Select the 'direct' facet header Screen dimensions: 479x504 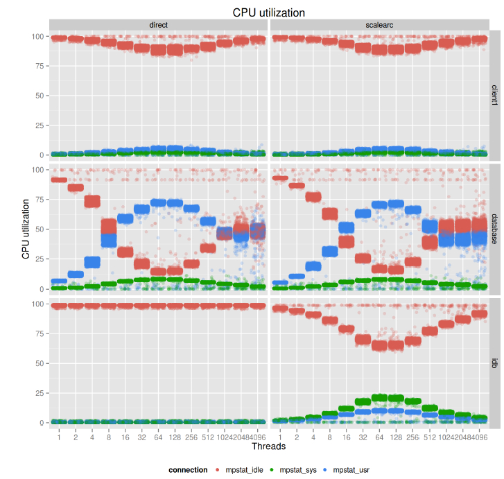point(159,25)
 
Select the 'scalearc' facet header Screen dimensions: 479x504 point(380,25)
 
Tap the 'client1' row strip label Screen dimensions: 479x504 point(495,95)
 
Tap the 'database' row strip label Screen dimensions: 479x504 point(495,229)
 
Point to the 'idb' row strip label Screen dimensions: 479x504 point(495,363)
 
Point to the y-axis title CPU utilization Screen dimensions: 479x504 point(26,229)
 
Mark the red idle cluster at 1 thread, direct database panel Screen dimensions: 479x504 point(59,180)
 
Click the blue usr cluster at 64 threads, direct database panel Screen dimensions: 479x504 point(159,203)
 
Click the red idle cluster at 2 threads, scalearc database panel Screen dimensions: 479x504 point(297,186)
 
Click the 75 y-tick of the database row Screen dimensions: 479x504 point(39,199)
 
